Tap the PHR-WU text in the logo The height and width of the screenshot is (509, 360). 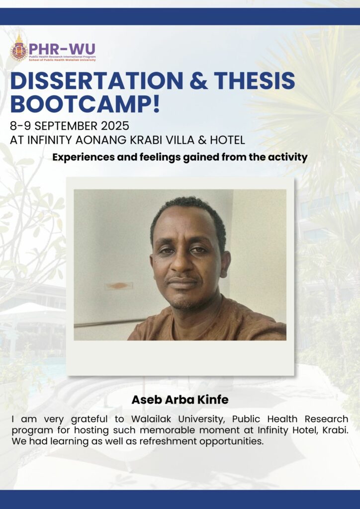coord(62,49)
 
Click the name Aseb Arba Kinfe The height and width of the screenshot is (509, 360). coord(180,400)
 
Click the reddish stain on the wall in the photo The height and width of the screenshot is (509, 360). coord(117,285)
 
